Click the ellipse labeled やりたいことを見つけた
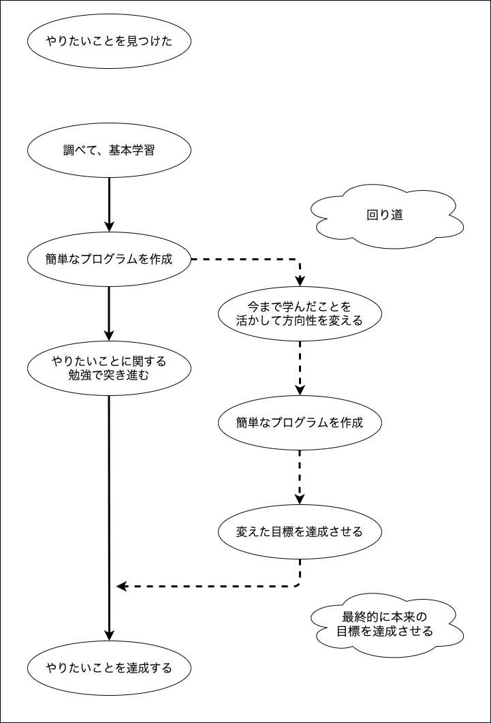(x=109, y=41)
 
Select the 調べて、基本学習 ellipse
(x=109, y=150)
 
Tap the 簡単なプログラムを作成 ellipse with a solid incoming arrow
(x=109, y=259)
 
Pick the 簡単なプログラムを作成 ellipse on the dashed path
(x=300, y=422)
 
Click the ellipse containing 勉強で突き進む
(x=109, y=368)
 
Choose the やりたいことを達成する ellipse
(x=109, y=668)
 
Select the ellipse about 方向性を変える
(x=300, y=313)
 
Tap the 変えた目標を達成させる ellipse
(x=300, y=532)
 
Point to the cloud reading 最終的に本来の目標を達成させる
(x=385, y=624)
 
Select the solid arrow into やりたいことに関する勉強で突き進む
(x=109, y=313)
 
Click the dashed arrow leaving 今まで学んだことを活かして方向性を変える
(x=300, y=368)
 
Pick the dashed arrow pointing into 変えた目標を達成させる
(x=300, y=477)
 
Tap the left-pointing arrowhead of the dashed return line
(x=122, y=586)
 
